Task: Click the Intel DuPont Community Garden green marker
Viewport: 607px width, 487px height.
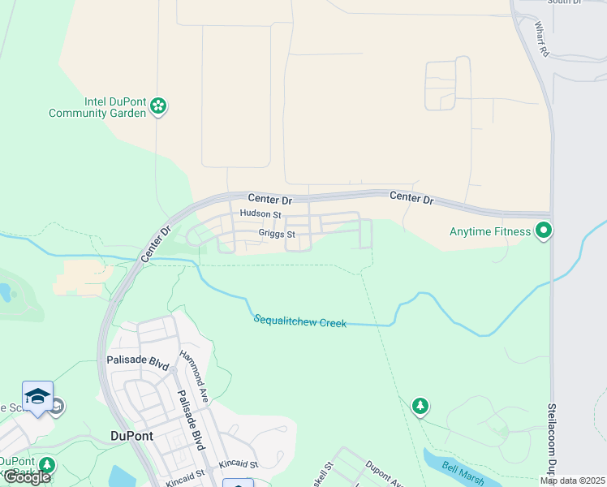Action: (159, 106)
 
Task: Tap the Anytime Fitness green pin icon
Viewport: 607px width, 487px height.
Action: (544, 231)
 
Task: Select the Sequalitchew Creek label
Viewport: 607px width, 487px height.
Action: (300, 322)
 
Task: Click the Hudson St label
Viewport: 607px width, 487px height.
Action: (260, 215)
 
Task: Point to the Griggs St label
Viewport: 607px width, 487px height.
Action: (276, 234)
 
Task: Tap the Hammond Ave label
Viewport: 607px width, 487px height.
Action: (195, 369)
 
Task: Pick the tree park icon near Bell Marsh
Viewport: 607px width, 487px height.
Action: (420, 405)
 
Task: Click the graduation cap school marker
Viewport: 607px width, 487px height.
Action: (37, 395)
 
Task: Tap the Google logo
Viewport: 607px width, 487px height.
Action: (27, 476)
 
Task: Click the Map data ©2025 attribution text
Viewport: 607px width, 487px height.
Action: (572, 481)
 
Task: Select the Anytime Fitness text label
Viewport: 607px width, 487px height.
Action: (490, 231)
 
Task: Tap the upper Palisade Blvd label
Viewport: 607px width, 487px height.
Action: (137, 362)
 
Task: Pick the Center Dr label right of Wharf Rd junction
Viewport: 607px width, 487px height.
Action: (411, 197)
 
